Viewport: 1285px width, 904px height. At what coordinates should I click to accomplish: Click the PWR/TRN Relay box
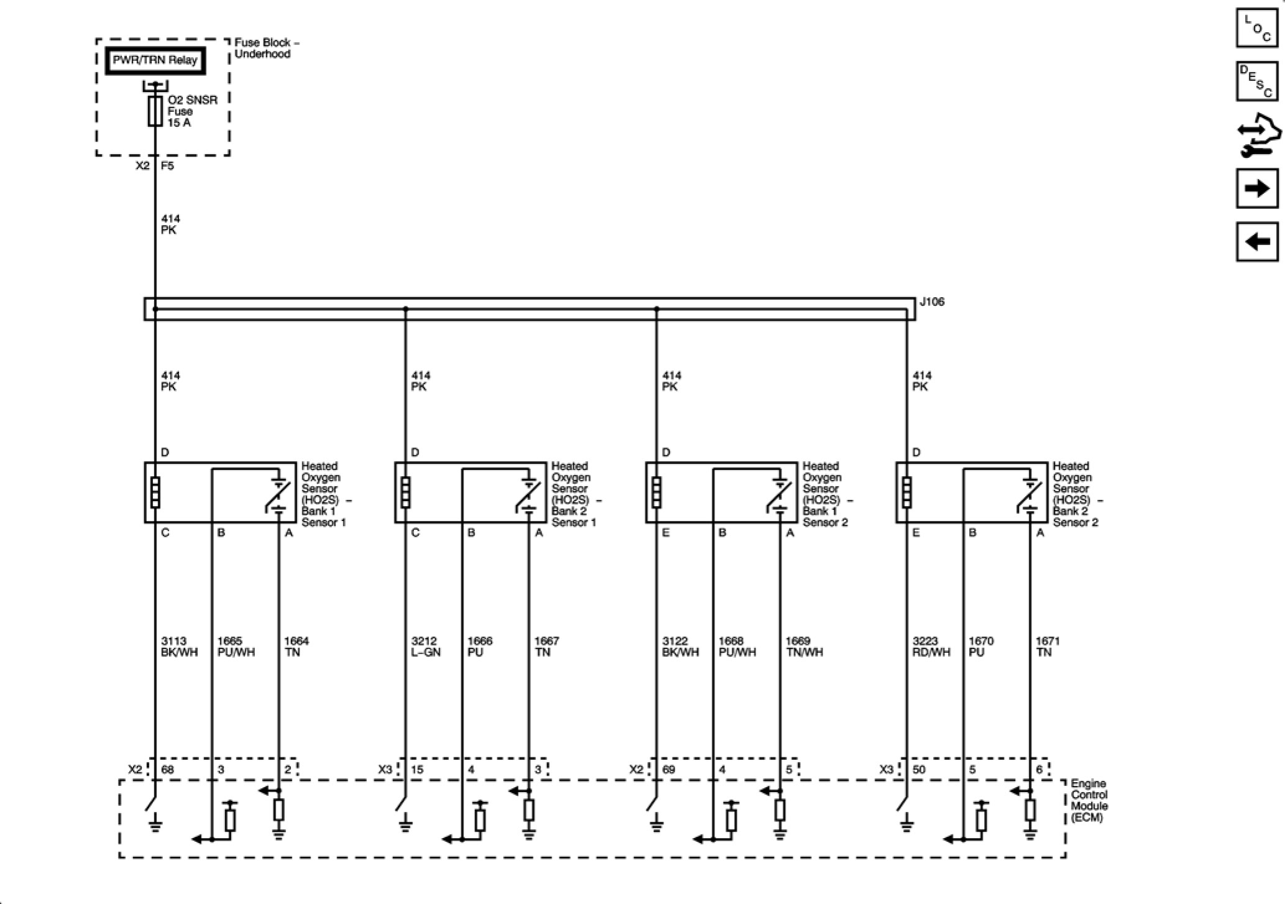click(x=155, y=61)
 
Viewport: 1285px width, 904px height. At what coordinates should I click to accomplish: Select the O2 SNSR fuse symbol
click(x=155, y=111)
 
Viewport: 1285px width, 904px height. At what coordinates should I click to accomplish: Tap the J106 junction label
click(x=931, y=302)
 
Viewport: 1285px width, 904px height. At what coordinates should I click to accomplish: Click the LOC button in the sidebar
click(x=1256, y=28)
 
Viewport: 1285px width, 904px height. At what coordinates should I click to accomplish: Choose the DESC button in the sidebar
click(x=1256, y=81)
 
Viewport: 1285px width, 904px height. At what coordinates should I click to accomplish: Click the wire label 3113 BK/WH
click(x=179, y=647)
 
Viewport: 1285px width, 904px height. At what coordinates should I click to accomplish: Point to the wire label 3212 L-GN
click(x=426, y=647)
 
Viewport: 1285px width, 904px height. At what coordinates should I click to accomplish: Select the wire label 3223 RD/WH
click(x=931, y=647)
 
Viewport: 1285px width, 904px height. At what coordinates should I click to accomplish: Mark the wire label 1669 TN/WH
click(x=804, y=647)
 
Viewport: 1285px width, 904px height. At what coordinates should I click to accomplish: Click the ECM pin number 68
click(x=168, y=770)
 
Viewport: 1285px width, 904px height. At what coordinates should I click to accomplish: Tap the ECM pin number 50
click(x=919, y=770)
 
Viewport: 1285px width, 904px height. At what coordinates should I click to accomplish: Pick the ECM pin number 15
click(x=417, y=770)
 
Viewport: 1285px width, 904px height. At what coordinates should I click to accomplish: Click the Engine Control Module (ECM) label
click(x=1089, y=801)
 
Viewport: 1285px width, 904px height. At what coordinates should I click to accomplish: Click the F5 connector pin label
click(x=167, y=166)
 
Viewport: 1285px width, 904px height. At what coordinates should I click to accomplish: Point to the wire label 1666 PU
click(x=479, y=647)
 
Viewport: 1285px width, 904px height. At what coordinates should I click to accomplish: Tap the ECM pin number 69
click(x=668, y=770)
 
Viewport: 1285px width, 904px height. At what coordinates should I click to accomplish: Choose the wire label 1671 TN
click(x=1047, y=647)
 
